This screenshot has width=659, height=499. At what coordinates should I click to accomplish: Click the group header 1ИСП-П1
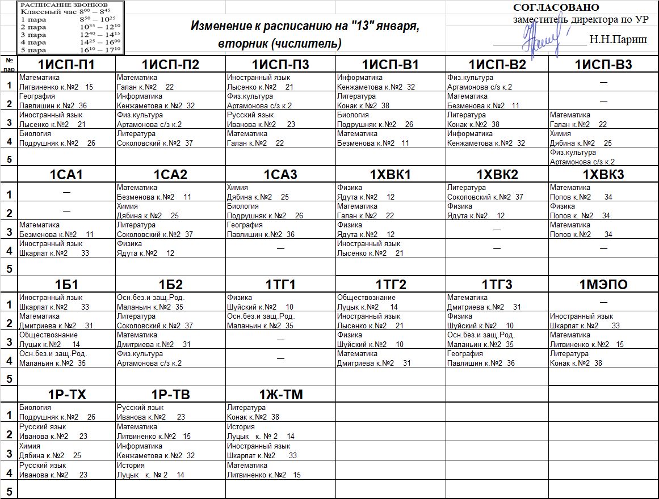click(66, 65)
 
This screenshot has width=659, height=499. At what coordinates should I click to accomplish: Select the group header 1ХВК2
click(497, 175)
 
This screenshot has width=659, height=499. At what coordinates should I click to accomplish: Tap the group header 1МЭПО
click(603, 285)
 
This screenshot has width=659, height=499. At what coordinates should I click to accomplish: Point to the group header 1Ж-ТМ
click(280, 395)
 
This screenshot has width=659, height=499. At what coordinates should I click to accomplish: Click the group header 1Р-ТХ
click(66, 395)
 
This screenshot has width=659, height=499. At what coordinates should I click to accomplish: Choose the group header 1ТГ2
click(391, 285)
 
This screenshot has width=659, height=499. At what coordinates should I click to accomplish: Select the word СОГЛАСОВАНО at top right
click(556, 8)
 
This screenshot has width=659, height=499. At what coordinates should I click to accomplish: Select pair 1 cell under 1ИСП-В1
click(390, 82)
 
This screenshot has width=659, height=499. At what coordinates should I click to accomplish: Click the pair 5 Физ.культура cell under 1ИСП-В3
click(603, 157)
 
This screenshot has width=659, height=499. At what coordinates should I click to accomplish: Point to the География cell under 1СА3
click(280, 229)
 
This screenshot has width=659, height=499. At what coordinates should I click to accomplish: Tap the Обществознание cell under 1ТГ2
click(390, 302)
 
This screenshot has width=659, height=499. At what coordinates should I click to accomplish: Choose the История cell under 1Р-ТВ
click(170, 470)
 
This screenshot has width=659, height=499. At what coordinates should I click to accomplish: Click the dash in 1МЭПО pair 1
click(603, 303)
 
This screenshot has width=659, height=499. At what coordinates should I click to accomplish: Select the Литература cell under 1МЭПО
click(603, 358)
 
